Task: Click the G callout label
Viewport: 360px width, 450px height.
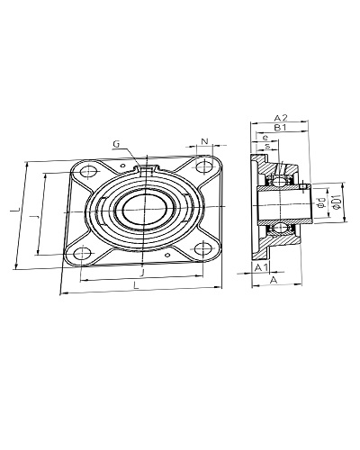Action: click(116, 144)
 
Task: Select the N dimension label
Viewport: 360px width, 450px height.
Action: click(204, 141)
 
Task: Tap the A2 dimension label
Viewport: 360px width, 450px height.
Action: click(281, 118)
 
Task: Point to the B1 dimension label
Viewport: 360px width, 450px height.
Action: click(281, 128)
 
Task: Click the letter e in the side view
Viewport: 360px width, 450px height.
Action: click(265, 138)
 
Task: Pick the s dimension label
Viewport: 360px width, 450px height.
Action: click(267, 146)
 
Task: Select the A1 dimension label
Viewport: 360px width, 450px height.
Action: click(261, 267)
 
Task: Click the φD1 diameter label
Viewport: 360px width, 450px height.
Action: click(337, 202)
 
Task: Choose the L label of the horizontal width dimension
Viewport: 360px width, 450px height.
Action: click(137, 285)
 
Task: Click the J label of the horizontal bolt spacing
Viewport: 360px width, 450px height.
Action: click(143, 273)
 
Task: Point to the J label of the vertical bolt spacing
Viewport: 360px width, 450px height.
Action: click(35, 216)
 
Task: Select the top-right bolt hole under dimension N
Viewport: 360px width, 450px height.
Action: click(204, 166)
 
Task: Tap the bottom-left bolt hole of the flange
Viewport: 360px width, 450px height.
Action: click(82, 253)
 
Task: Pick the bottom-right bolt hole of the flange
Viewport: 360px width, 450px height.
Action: click(202, 247)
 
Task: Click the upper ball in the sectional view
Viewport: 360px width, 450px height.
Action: click(280, 181)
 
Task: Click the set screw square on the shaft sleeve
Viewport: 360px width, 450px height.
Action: click(303, 186)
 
